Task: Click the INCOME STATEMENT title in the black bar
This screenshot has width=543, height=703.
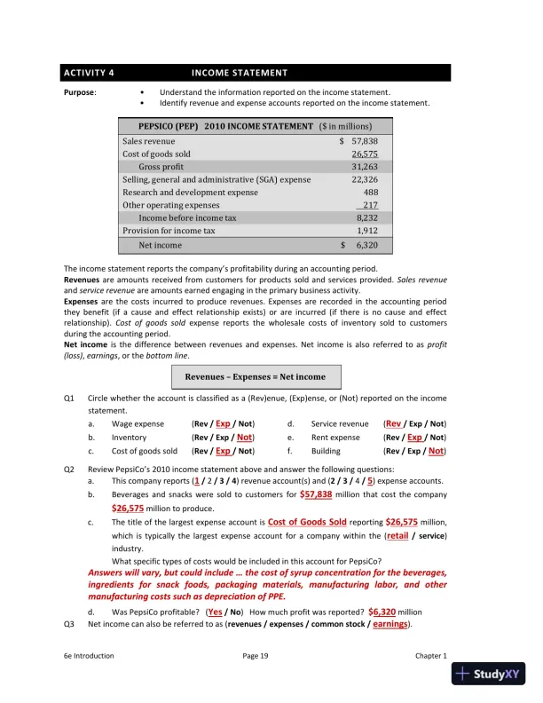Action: tap(240, 73)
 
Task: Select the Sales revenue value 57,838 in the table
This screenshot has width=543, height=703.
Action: tap(365, 141)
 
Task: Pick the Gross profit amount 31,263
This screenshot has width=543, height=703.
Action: tap(365, 166)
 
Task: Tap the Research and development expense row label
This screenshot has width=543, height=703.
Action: tap(190, 192)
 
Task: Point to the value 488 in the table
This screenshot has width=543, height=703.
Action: tap(371, 192)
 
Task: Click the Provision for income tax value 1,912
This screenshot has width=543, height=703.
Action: tap(366, 231)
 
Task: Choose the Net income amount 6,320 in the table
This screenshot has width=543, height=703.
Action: tap(366, 245)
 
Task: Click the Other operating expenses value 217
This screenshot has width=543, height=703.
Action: tap(370, 205)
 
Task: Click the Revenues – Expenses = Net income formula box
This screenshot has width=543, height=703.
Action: tap(255, 376)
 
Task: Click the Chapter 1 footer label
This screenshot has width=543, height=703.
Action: tap(431, 655)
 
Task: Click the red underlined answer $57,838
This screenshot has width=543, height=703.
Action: tap(316, 494)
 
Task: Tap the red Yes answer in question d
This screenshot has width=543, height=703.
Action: tap(214, 612)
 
